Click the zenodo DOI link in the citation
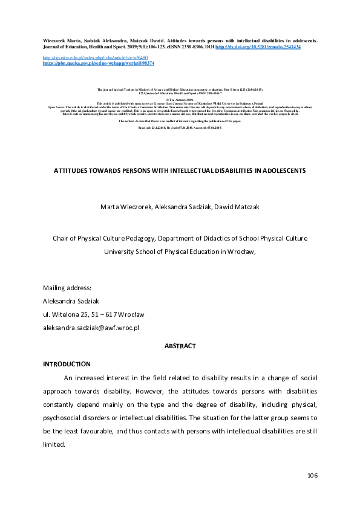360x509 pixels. point(258,47)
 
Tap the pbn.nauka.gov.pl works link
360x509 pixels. point(99,63)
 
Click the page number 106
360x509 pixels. point(312,476)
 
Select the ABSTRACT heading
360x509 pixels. point(180,346)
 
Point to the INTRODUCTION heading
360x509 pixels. point(67,364)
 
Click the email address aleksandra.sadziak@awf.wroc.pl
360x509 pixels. point(91,327)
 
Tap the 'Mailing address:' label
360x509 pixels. point(67,287)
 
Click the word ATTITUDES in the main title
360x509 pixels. point(74,171)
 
